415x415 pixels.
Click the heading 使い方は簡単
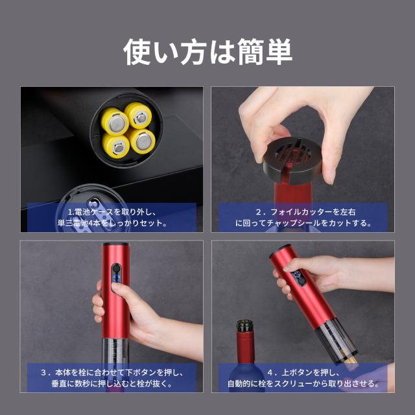pos(207,51)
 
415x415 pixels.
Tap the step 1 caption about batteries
pos(112,217)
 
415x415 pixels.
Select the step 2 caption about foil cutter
pos(303,217)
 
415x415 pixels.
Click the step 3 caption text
pos(112,378)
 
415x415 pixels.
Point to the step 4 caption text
pos(303,378)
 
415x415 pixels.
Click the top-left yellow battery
pos(115,121)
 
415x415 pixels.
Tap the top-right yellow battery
pos(138,115)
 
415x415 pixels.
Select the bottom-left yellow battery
pos(116,146)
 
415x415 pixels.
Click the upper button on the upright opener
pos(116,268)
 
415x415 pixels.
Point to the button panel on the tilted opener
pos(298,278)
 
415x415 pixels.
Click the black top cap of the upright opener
pos(116,244)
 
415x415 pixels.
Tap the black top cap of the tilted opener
pos(279,250)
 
